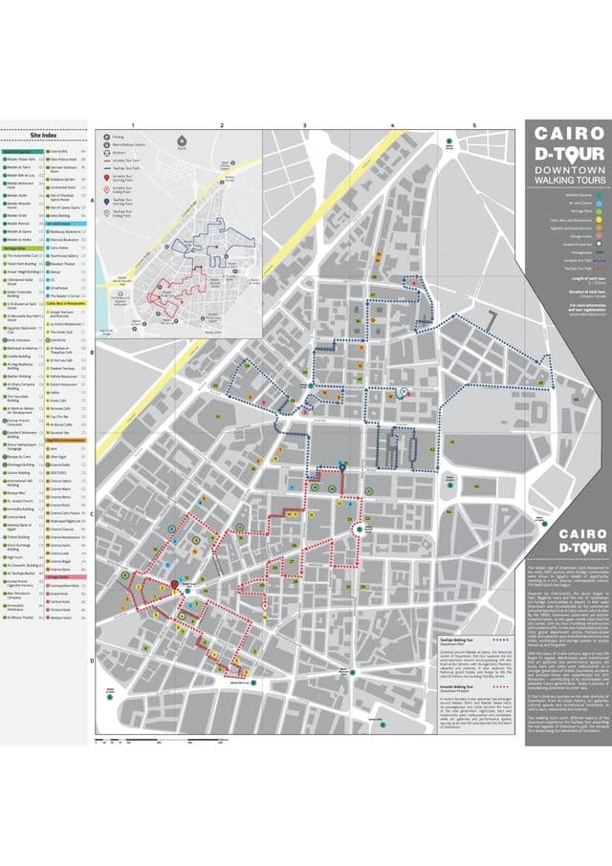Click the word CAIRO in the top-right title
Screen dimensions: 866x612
(x=568, y=135)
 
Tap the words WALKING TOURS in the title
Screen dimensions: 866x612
(x=568, y=179)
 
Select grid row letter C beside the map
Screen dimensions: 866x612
(x=92, y=513)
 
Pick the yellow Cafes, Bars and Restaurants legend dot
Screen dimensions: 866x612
(x=598, y=221)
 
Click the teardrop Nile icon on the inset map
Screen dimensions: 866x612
(x=183, y=140)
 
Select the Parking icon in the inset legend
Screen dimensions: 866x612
(x=107, y=138)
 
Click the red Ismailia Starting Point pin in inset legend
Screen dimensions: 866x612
(x=107, y=178)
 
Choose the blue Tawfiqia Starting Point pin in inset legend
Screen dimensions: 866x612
(x=107, y=202)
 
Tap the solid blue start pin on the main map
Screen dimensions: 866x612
(x=342, y=465)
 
